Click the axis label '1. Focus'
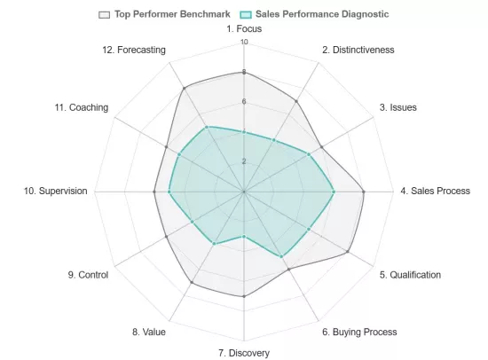coord(244,29)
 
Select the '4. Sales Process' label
coord(435,191)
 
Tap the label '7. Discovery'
coord(244,353)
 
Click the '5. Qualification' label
coord(410,275)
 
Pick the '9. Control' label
coord(88,275)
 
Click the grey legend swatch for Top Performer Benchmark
coord(105,14)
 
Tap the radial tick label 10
coord(244,42)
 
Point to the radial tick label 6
coord(244,101)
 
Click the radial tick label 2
coord(244,161)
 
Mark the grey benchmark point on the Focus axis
coord(244,72)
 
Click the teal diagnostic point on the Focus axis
coord(244,131)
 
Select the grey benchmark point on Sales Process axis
coord(364,191)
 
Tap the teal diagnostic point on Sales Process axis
coord(334,191)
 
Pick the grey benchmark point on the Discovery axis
coord(244,295)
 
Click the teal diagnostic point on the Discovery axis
coord(244,237)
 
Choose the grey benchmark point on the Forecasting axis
coord(184,88)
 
